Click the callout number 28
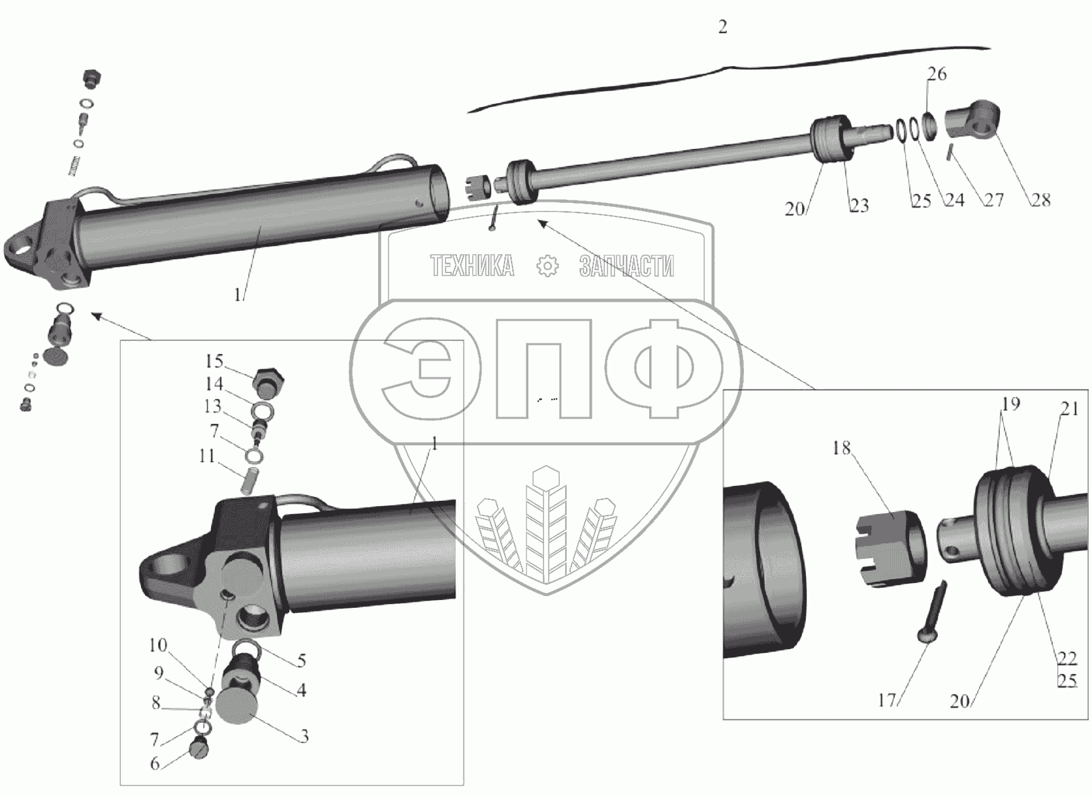tap(1041, 200)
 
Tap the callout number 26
tap(937, 74)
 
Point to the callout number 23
tap(859, 206)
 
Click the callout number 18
tap(842, 448)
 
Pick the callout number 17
tap(887, 701)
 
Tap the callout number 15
tap(214, 361)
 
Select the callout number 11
tap(206, 456)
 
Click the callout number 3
tap(304, 736)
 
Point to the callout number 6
tap(155, 763)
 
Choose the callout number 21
tap(1070, 409)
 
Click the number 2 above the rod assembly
tap(723, 27)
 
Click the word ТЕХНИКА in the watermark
tap(472, 266)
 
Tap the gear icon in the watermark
tap(547, 266)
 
